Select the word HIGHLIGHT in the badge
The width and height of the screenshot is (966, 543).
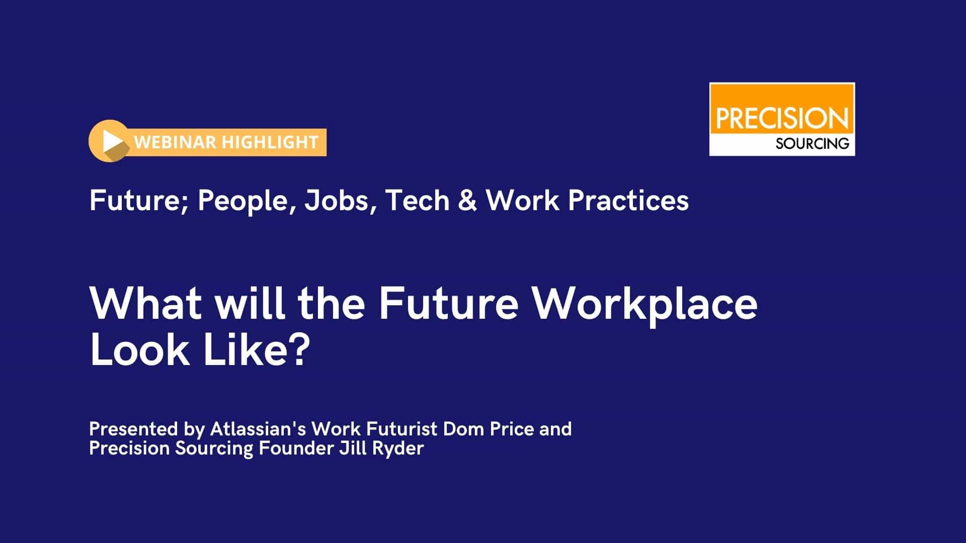tap(270, 142)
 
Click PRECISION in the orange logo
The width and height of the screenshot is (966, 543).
tap(782, 119)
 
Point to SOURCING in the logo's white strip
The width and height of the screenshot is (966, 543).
tap(812, 144)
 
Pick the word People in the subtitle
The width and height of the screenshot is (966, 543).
tap(246, 201)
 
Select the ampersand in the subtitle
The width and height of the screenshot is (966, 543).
tap(467, 201)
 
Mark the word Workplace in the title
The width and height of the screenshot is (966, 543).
tap(645, 305)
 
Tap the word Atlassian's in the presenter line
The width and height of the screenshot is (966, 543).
tap(258, 429)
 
